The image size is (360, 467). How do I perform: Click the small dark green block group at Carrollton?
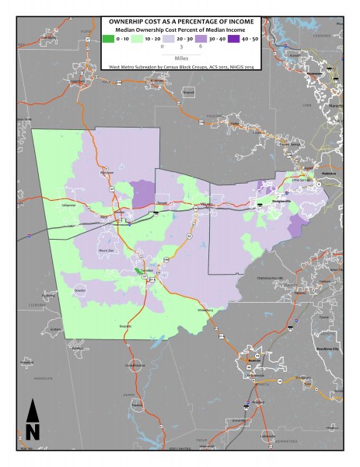pyautogui.click(x=137, y=271)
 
